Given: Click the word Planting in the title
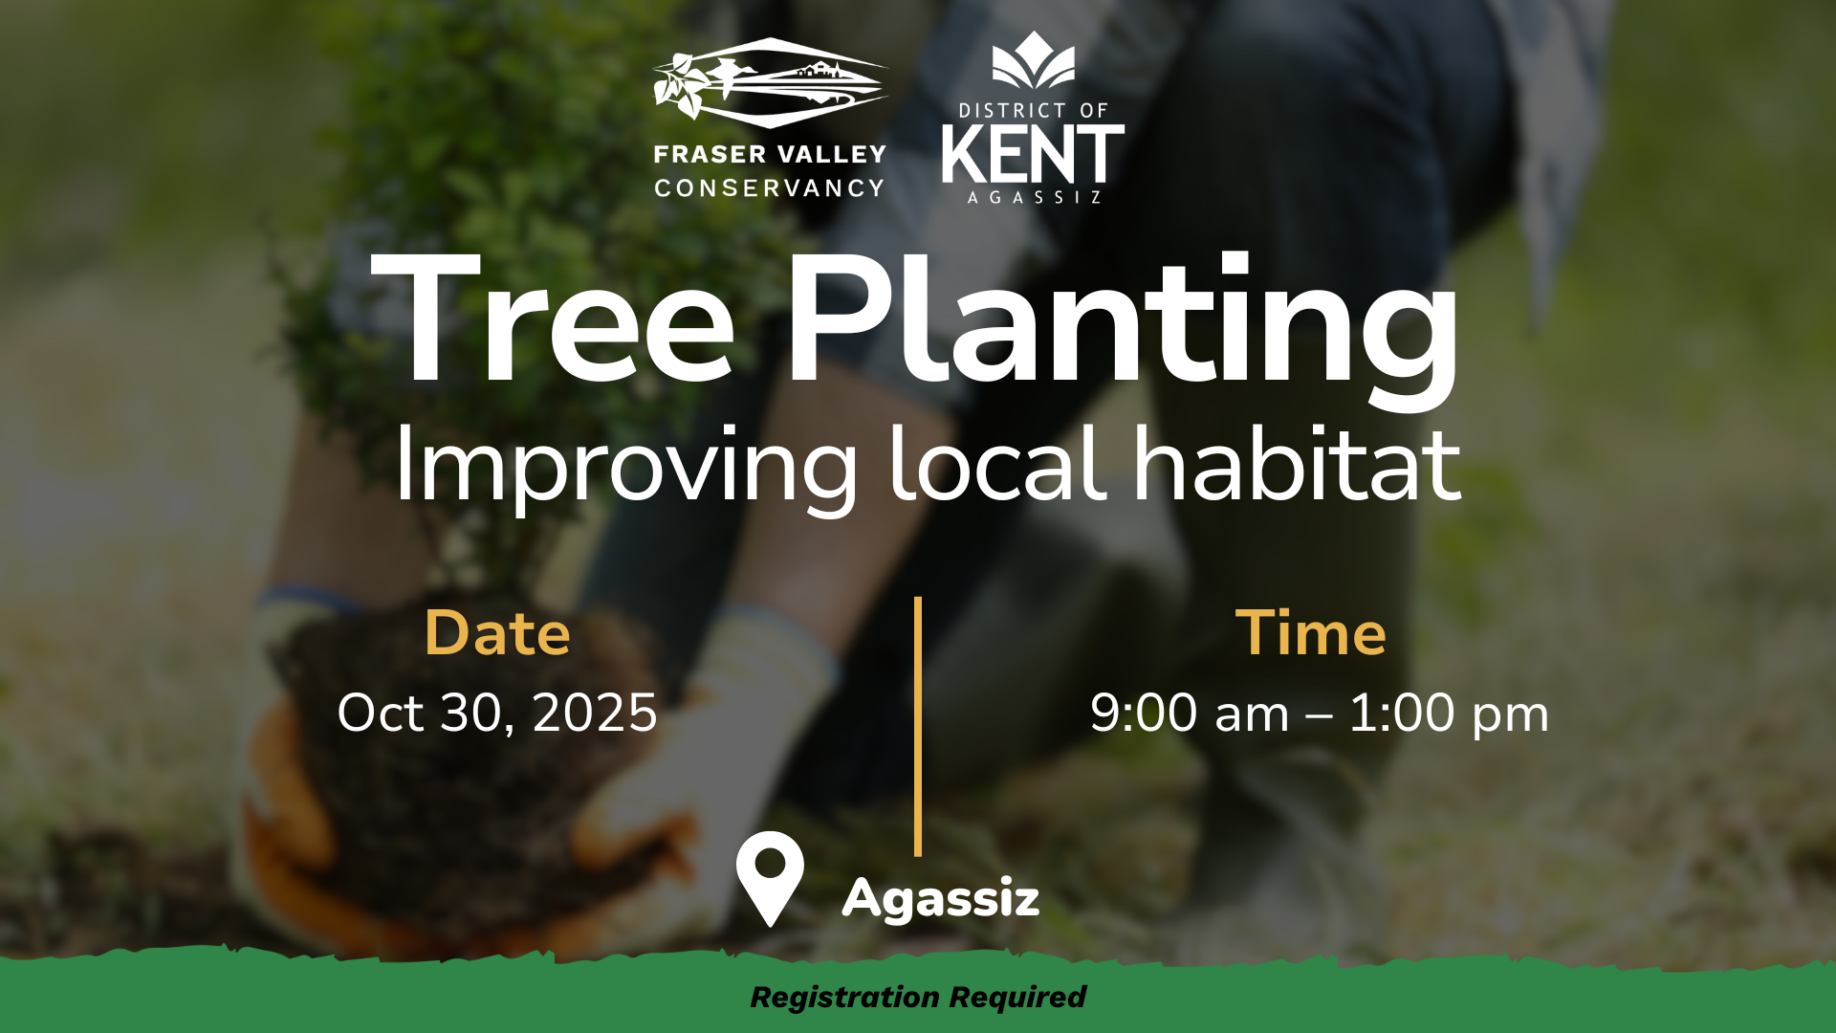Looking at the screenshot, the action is coord(1122,330).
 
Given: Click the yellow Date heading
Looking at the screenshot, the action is coord(497,633).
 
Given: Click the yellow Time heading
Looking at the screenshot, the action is coord(1310,633).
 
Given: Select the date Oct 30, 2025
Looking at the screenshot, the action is coord(497,714).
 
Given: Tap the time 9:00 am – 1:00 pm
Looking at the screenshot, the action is coord(1320,714).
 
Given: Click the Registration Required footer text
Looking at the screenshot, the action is coord(918,997).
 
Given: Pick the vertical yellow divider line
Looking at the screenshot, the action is coord(918,727).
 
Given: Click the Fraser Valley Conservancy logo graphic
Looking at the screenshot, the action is coord(770,83).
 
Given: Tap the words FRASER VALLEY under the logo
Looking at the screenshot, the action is coord(770,154).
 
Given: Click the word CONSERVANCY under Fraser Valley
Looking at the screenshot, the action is coord(770,188).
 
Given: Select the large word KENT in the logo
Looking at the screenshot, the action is coord(1033,155).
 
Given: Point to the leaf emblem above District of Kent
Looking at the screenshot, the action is coord(1033,59).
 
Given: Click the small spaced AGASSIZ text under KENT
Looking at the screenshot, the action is coord(1035,198).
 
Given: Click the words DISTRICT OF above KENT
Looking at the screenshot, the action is coord(1033,111).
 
